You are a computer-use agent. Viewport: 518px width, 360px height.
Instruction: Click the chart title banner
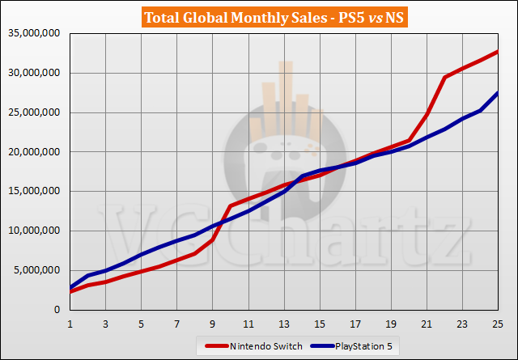(x=259, y=17)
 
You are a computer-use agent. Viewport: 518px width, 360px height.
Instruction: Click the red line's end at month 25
(x=497, y=52)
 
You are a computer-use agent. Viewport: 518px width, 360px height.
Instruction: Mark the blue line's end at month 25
(x=497, y=93)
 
